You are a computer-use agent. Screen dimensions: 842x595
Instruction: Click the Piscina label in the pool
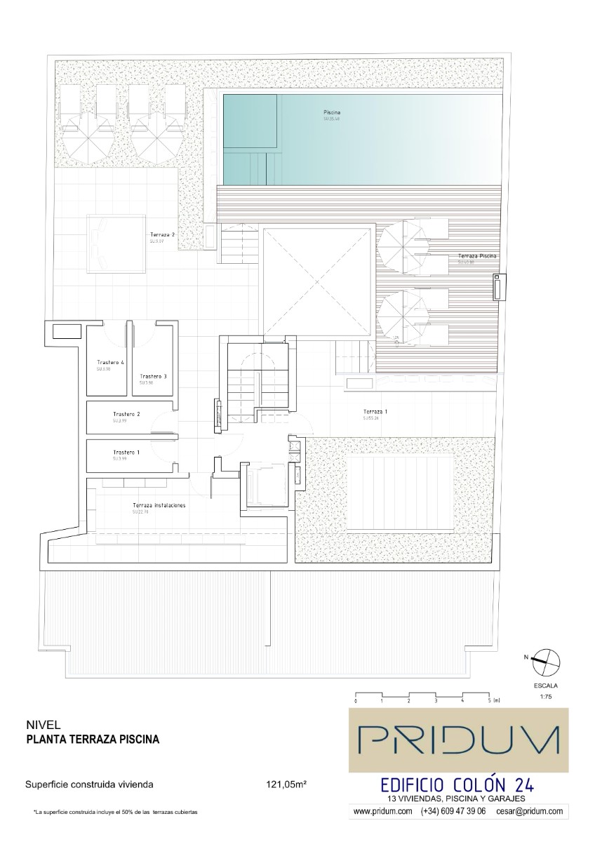tap(333, 112)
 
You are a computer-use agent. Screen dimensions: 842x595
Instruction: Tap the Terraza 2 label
tap(162, 235)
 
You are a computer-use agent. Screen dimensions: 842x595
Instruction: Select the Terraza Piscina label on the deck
tap(476, 257)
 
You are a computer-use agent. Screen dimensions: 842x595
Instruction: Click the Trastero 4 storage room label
tap(110, 363)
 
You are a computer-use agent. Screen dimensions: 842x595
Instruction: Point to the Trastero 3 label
tap(152, 377)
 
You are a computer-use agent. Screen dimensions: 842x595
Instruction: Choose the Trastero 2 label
tap(126, 415)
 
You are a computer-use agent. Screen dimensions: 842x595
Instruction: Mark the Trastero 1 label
tap(126, 453)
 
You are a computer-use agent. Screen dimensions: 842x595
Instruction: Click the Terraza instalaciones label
tap(159, 505)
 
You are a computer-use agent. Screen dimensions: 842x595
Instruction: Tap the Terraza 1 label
tap(375, 411)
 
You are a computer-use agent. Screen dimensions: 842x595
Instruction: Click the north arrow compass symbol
tap(545, 659)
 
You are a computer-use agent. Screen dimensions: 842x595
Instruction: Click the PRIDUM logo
tap(459, 741)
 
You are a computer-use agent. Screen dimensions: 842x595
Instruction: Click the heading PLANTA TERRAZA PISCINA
tap(93, 739)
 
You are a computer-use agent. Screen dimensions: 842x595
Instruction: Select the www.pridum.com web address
tap(382, 810)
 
